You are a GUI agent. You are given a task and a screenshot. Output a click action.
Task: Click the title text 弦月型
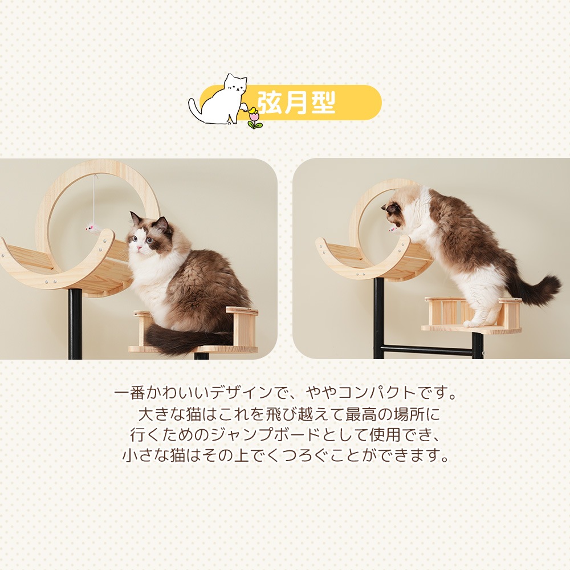click(296, 102)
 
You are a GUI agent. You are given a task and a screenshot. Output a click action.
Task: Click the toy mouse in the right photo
click(394, 229)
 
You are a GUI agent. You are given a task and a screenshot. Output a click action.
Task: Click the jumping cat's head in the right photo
click(396, 211)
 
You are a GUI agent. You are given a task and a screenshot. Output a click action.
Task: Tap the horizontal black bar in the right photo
click(425, 349)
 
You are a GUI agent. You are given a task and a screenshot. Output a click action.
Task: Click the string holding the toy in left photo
click(94, 199)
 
